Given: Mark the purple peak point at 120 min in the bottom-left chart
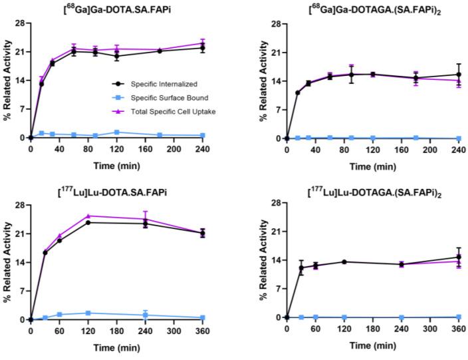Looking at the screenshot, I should point(88,216).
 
